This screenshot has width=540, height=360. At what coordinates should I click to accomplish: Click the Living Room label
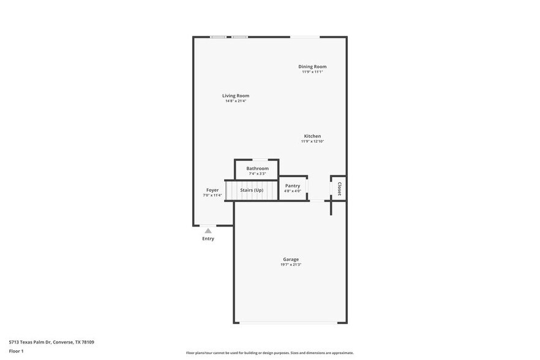point(236,96)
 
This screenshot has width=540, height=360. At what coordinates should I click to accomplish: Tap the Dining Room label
point(312,66)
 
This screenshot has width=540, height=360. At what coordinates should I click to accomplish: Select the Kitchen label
point(312,136)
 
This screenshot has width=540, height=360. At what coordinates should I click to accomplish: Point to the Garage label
point(291,259)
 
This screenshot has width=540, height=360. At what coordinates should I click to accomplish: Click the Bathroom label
point(257,168)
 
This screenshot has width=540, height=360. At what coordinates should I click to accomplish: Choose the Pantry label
point(293,186)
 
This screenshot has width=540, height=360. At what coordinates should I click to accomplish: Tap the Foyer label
point(212,190)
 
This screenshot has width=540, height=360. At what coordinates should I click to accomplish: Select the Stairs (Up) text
point(252,190)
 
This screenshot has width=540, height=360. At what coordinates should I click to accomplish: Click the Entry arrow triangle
point(208,231)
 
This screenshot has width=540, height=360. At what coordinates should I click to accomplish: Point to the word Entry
point(208,239)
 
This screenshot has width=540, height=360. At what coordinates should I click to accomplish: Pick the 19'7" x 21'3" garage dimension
point(291,264)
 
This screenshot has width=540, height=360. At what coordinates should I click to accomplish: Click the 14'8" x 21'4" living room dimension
point(236,101)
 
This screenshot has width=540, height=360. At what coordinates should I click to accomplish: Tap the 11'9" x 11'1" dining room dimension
point(312,72)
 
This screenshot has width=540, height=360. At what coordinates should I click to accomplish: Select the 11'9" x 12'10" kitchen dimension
point(312,141)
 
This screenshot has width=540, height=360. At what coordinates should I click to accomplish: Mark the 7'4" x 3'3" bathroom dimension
point(257,174)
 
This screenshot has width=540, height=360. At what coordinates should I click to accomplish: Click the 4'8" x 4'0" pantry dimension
point(293,191)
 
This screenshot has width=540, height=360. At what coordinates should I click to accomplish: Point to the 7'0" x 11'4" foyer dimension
point(212,195)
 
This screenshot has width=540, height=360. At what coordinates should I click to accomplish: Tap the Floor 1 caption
point(16,351)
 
